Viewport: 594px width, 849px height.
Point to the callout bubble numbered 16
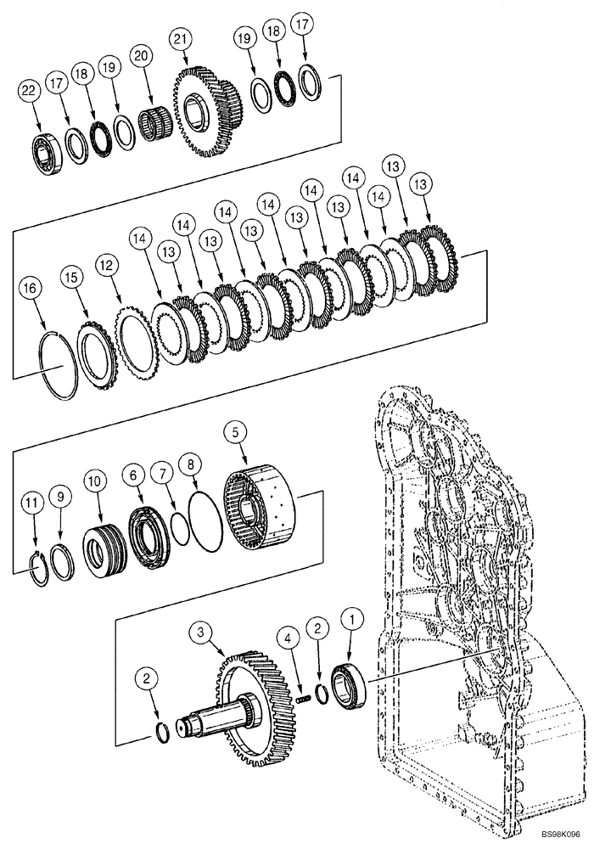pyautogui.click(x=31, y=290)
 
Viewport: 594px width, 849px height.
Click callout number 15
pyautogui.click(x=70, y=278)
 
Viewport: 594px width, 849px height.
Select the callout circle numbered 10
pyautogui.click(x=96, y=481)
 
